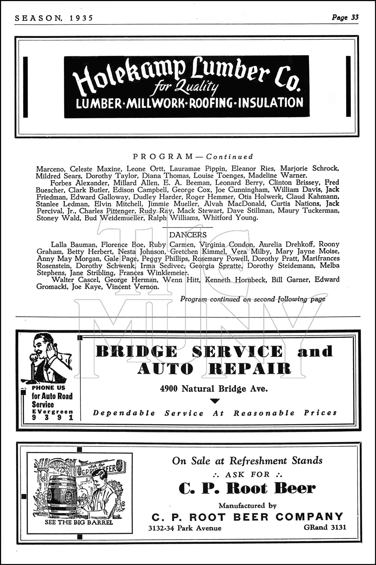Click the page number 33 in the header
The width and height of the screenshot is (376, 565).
[x=355, y=17]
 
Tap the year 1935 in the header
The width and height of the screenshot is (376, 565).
[x=80, y=18]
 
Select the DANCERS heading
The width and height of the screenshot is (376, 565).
[x=188, y=235]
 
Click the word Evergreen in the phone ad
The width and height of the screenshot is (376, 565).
[x=53, y=412]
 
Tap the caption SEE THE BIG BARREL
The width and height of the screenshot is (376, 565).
[x=79, y=522]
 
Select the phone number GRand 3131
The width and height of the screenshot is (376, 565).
[x=325, y=527]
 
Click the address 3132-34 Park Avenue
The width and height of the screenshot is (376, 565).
[x=185, y=528]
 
